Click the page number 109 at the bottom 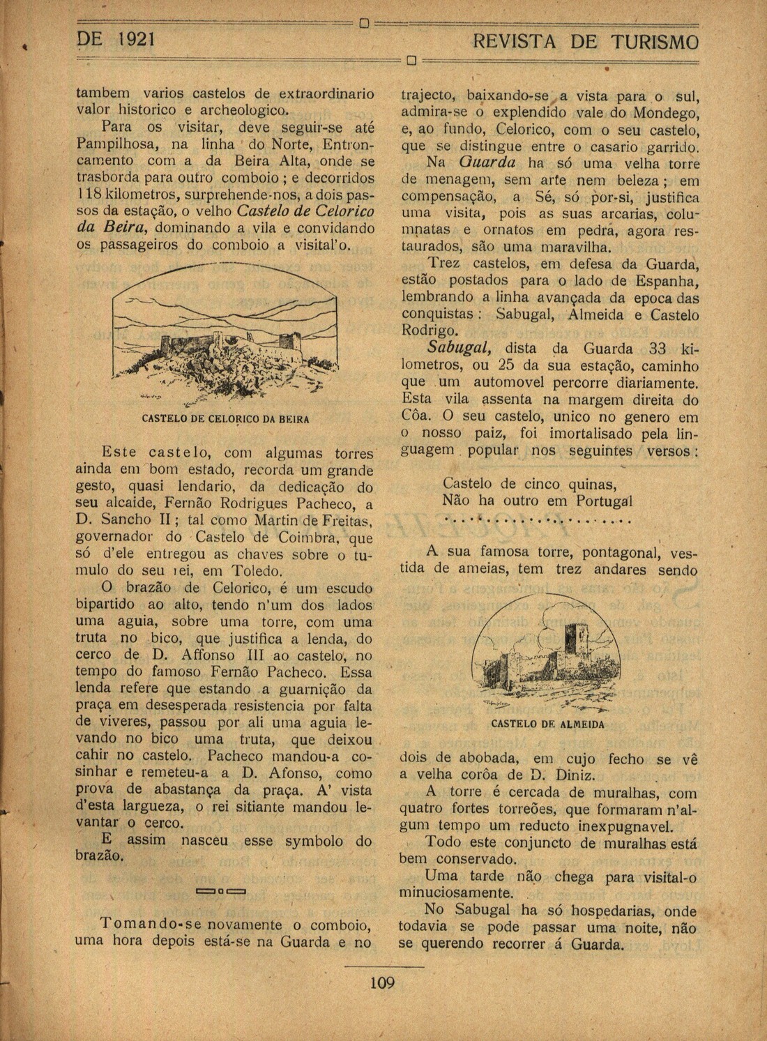[x=382, y=984]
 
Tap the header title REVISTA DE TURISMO [x=584, y=42]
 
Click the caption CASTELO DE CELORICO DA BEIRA [x=225, y=420]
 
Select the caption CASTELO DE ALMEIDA [x=547, y=724]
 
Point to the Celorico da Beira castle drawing [x=225, y=335]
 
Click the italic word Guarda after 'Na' [x=488, y=162]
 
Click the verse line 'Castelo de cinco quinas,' [x=529, y=483]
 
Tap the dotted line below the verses [x=537, y=520]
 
